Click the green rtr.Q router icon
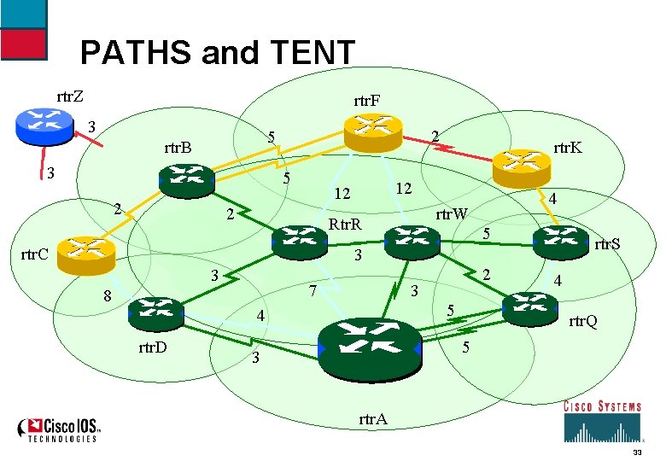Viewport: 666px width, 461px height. point(531,306)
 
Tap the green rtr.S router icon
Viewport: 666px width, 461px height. point(561,242)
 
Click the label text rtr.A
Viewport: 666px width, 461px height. point(373,419)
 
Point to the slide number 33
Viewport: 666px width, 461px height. point(637,452)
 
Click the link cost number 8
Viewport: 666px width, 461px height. point(107,297)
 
